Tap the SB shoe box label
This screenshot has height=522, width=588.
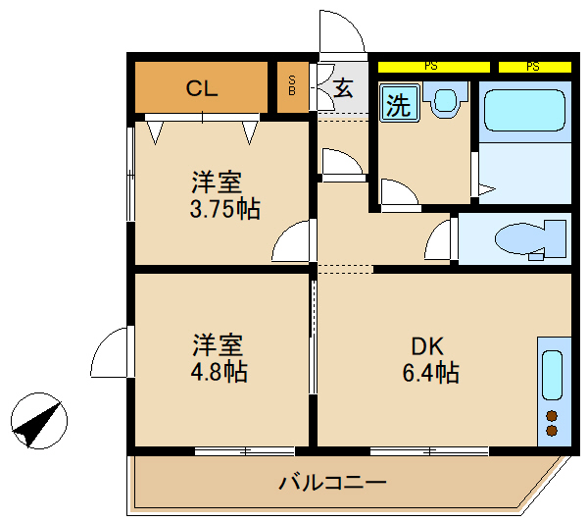tap(291, 86)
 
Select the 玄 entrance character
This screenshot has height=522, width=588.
tap(343, 87)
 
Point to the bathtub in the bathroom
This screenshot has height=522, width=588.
tap(526, 112)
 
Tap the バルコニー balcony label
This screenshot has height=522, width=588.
tap(333, 483)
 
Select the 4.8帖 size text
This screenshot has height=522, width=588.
tap(220, 372)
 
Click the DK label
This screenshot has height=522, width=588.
tap(427, 346)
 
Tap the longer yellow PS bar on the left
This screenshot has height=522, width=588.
tap(432, 67)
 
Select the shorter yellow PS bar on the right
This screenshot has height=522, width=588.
tap(534, 67)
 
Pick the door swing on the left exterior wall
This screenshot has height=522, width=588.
tap(112, 353)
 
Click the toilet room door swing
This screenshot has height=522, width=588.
tap(441, 240)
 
